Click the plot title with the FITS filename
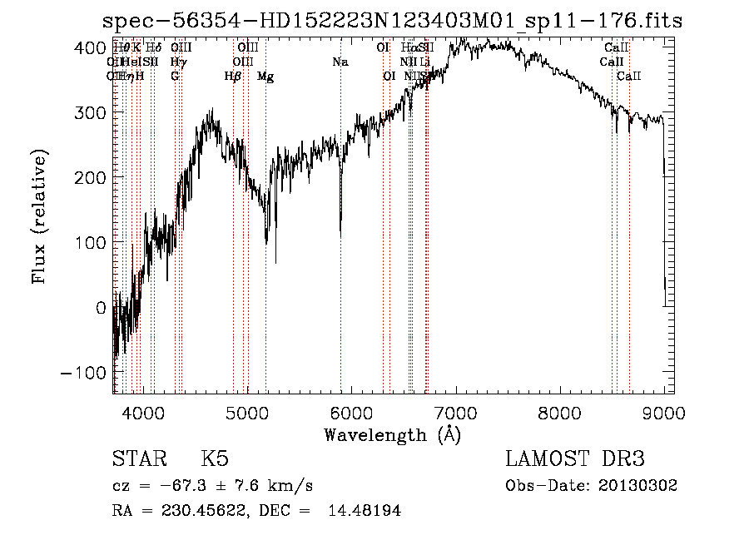(x=391, y=21)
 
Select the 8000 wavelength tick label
(x=560, y=411)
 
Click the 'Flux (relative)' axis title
(x=40, y=217)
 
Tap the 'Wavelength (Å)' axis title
(x=392, y=434)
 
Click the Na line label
(x=340, y=62)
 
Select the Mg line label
(x=265, y=77)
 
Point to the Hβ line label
(x=233, y=77)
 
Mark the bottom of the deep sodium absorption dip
(x=340, y=235)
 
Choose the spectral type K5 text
(x=215, y=459)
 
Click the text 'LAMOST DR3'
(x=575, y=459)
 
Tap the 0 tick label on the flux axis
(x=100, y=307)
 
